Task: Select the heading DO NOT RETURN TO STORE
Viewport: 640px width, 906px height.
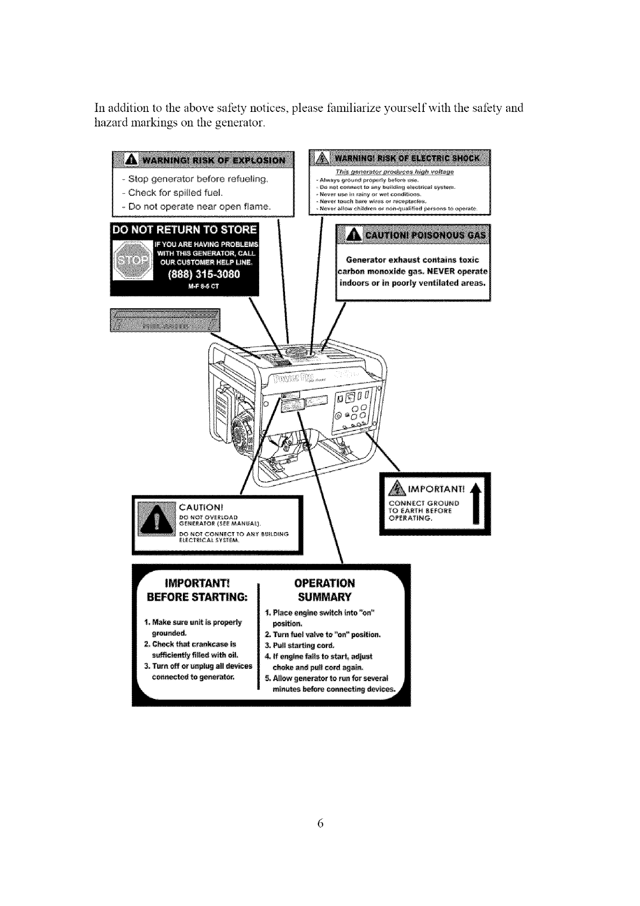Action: [184, 230]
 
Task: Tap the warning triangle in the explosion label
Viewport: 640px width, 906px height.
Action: [131, 160]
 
